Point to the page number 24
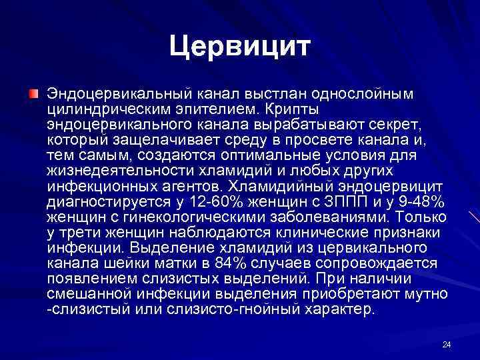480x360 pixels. coord(447,344)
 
